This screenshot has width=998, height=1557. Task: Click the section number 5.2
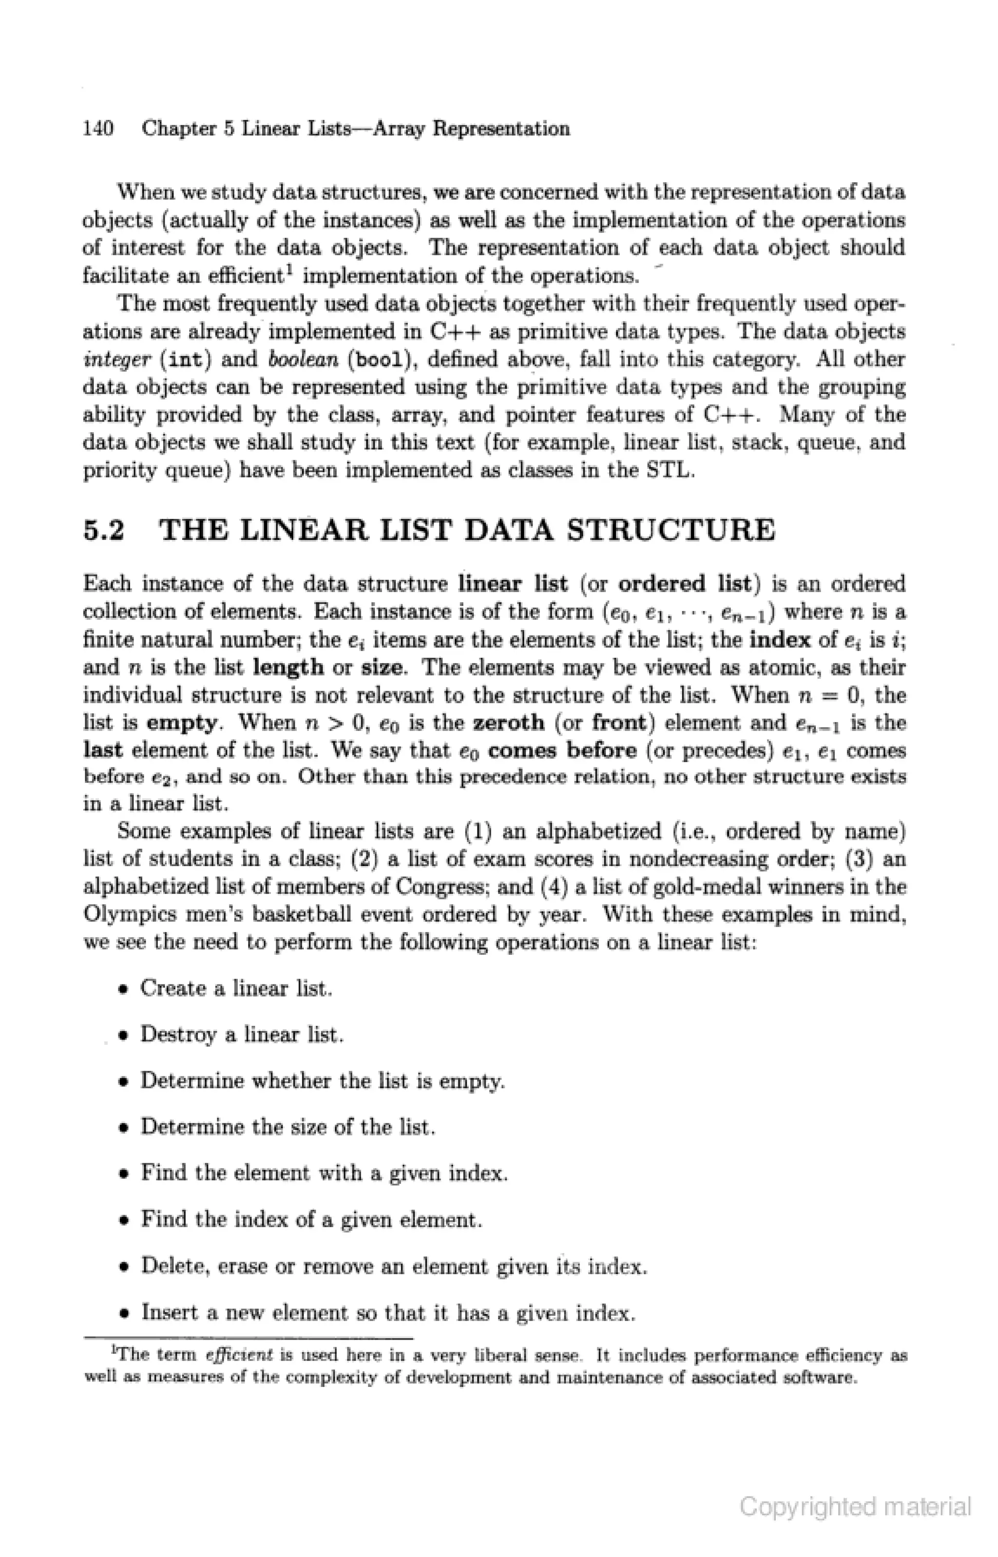point(104,530)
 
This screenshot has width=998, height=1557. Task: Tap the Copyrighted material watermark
point(855,1507)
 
